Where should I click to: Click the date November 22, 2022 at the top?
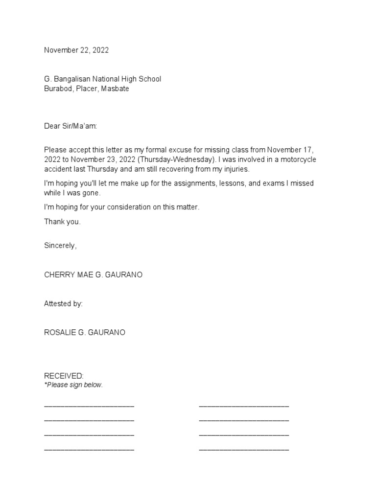pyautogui.click(x=76, y=50)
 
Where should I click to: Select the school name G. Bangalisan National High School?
pyautogui.click(x=102, y=79)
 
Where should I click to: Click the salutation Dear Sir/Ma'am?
pyautogui.click(x=70, y=126)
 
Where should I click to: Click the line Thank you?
pyautogui.click(x=62, y=222)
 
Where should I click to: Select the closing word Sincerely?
pyautogui.click(x=60, y=246)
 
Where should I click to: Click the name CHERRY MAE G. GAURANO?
pyautogui.click(x=93, y=275)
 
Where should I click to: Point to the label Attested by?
pyautogui.click(x=63, y=304)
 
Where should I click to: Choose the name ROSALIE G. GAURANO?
pyautogui.click(x=85, y=333)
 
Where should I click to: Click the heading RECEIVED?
pyautogui.click(x=64, y=376)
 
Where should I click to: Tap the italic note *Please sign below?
pyautogui.click(x=73, y=385)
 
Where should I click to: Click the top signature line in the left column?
pyautogui.click(x=89, y=406)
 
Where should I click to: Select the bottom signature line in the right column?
pyautogui.click(x=244, y=449)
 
